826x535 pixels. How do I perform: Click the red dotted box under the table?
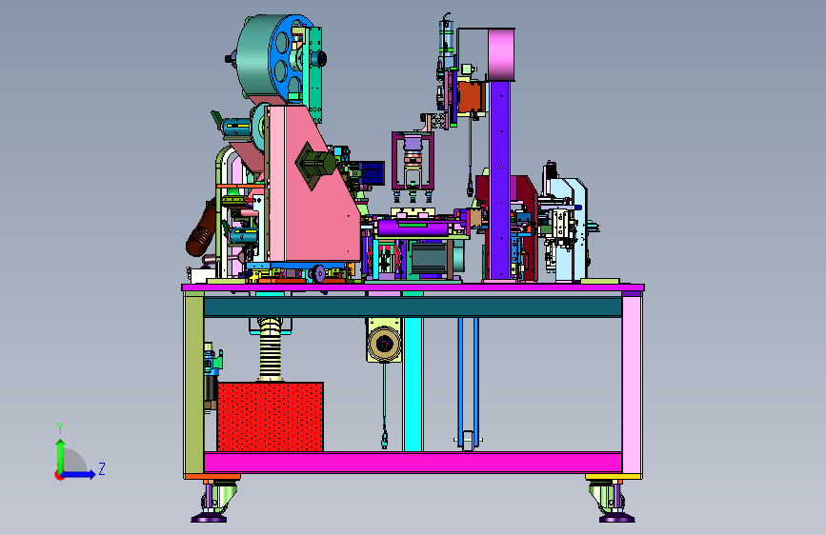pos(271,417)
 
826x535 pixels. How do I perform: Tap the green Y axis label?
pos(60,427)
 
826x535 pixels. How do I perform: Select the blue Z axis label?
pos(102,468)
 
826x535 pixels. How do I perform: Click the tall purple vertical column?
pos(500,180)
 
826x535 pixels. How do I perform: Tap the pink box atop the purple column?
pos(501,55)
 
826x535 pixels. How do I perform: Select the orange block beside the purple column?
pos(469,96)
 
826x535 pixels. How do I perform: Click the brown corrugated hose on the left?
pos(202,229)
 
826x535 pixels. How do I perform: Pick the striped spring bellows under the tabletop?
pos(271,348)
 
